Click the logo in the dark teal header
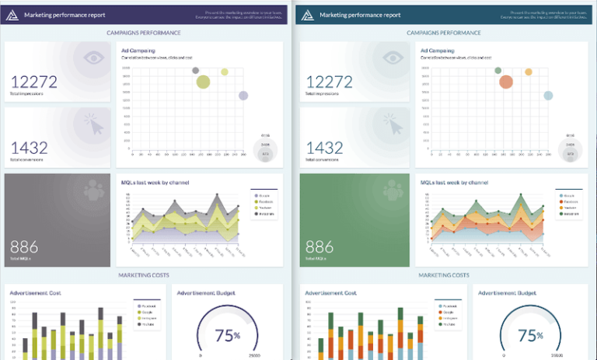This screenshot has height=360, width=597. tap(309, 14)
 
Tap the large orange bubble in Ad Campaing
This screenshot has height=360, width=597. tap(506, 82)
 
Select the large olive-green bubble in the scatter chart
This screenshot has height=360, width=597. tap(204, 82)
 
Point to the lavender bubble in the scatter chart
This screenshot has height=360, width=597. tap(243, 96)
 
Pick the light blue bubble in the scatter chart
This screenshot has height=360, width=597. tap(548, 96)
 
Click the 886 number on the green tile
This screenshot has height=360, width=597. tap(319, 247)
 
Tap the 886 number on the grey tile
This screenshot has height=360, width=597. tap(24, 247)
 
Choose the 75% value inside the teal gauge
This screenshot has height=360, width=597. tap(531, 335)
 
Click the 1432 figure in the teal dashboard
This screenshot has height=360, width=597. tap(325, 147)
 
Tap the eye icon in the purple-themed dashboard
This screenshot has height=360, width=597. tap(94, 57)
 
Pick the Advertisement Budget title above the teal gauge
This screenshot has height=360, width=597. tap(507, 293)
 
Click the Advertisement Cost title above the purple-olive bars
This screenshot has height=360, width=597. tap(36, 293)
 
